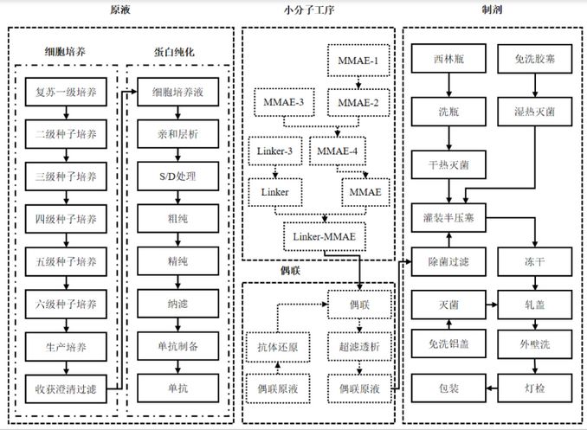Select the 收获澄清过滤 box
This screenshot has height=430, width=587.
[67, 386]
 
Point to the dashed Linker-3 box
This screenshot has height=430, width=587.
[274, 151]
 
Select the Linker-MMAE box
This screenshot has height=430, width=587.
[324, 235]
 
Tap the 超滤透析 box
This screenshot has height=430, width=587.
[358, 344]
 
